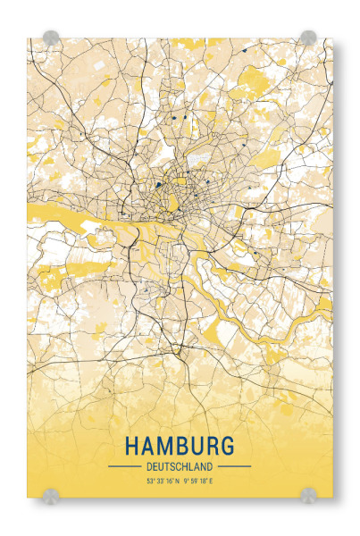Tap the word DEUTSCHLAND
point(180,466)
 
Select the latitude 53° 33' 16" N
point(163,482)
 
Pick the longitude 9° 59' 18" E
point(198,482)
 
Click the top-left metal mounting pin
point(51,38)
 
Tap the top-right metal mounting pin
point(308,38)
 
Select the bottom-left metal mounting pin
point(51,493)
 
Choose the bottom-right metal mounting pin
point(308,493)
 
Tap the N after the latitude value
point(177,482)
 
